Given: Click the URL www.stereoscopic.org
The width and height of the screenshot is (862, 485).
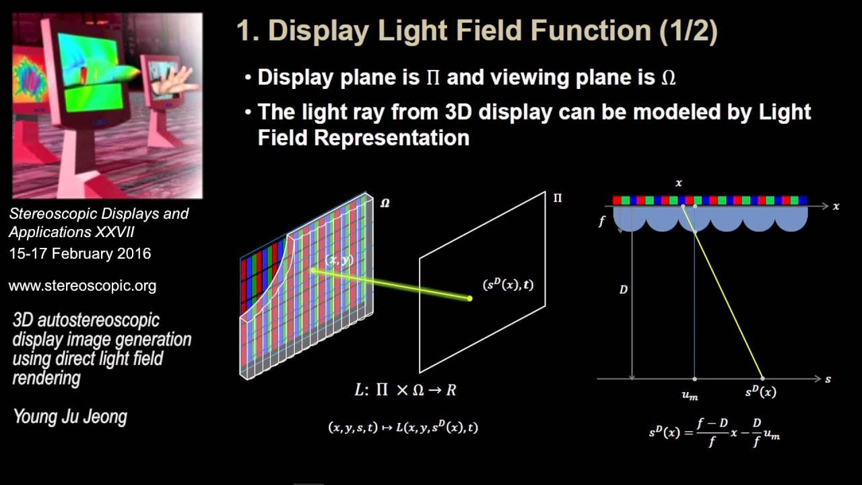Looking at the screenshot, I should coord(82,286).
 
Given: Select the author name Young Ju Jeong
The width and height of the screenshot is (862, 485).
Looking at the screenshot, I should coord(70,417).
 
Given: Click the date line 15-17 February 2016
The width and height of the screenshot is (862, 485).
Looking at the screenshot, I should coord(79,254).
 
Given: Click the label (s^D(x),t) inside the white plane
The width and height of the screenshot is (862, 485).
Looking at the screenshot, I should coord(508,285).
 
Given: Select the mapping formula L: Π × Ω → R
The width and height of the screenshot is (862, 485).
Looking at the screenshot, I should coord(405,389).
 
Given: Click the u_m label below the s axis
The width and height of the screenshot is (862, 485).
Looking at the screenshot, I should coord(690,395).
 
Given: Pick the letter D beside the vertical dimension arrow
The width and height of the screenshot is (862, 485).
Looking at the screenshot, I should coord(624,290).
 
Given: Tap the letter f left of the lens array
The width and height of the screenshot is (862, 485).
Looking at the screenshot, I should coord(601,220).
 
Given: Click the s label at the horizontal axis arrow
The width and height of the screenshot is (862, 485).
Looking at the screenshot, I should coord(828,379).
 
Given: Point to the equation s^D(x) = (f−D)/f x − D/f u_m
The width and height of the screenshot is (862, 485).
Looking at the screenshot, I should coord(715,429).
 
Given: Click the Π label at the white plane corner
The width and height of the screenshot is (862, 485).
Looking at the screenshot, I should coord(558,198).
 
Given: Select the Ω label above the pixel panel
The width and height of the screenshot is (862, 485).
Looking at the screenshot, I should coord(385,202).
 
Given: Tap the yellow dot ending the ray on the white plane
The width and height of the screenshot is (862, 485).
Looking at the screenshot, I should coord(469,298).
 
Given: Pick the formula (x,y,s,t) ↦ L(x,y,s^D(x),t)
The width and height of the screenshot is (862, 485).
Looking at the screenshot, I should coord(403,427).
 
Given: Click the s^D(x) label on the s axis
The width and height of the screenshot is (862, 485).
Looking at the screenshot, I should coord(760,392).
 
